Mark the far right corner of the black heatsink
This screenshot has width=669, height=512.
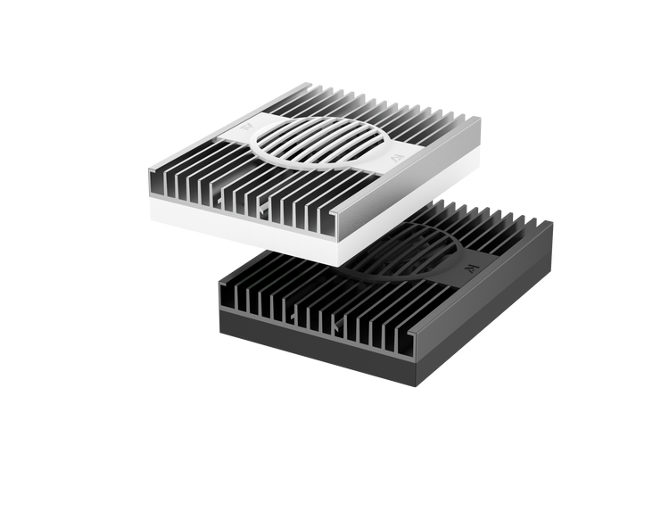555,224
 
